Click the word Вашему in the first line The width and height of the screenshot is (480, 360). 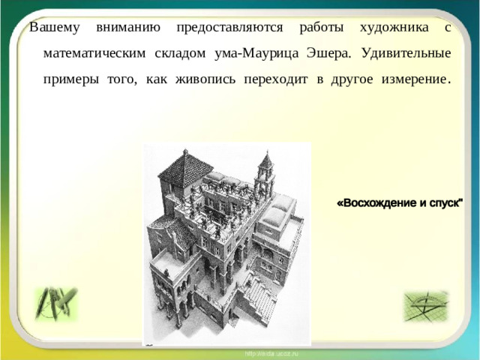pyautogui.click(x=53, y=28)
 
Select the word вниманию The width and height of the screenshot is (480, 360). pyautogui.click(x=127, y=28)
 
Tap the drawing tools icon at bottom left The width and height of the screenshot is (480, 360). pyautogui.click(x=56, y=303)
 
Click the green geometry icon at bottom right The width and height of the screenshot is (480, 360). pyautogui.click(x=425, y=306)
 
